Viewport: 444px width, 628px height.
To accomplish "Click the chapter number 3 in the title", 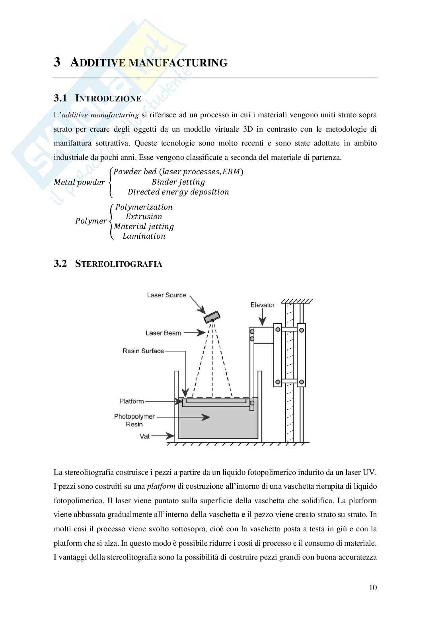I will (57, 62).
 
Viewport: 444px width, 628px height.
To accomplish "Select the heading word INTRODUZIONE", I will (108, 99).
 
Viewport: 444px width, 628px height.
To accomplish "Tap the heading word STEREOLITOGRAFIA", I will (118, 264).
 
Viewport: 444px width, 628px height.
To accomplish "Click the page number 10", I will (373, 587).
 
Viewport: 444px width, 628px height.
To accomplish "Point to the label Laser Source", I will (166, 295).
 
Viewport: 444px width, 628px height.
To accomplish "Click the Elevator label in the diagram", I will (263, 305).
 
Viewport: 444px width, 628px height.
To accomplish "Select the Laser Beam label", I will (163, 333).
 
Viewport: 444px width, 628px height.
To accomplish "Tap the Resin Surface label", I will (143, 351).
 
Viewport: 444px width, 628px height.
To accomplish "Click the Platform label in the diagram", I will (132, 401).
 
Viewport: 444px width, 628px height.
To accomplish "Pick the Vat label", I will (145, 436).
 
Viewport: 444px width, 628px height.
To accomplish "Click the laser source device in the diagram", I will (212, 317).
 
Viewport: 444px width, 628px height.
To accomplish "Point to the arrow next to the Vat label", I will (163, 436).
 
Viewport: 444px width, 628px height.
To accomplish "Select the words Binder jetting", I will (178, 182).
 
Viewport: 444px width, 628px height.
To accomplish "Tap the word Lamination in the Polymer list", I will (144, 236).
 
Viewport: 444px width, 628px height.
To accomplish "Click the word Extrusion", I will (144, 217).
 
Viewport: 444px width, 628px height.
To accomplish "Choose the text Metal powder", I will (79, 183).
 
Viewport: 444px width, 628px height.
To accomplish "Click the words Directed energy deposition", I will (178, 192).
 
